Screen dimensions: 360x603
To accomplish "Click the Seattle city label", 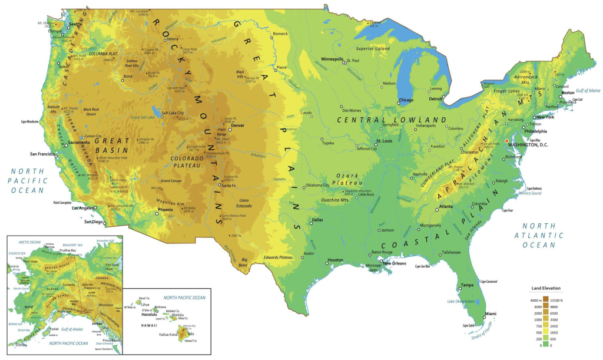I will click(x=76, y=24).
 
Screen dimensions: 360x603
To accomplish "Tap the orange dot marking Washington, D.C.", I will click(x=506, y=140).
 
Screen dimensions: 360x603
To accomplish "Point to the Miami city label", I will click(x=490, y=313).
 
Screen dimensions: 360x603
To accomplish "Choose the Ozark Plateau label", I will click(x=347, y=179).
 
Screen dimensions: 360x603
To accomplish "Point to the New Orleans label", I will click(x=395, y=263).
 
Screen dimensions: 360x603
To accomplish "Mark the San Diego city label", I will click(x=93, y=222).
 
